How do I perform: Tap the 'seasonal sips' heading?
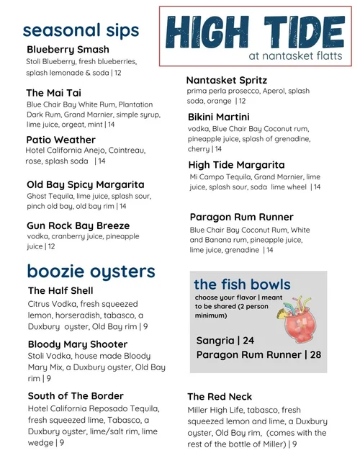(x=81, y=30)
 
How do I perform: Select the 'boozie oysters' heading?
(x=91, y=272)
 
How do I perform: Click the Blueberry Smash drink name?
(x=68, y=50)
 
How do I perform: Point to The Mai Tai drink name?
(x=53, y=93)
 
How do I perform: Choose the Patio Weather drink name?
(x=60, y=140)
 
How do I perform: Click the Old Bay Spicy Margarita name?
(x=85, y=184)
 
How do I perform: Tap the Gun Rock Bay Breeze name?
(x=78, y=225)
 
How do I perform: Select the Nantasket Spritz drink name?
(x=226, y=81)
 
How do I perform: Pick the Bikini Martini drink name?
(x=219, y=117)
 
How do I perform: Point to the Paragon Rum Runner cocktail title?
(x=241, y=217)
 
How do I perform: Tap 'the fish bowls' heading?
(x=242, y=284)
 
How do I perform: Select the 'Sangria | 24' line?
(x=225, y=340)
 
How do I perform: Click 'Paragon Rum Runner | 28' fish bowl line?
(x=258, y=354)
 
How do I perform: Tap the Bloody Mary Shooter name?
(x=78, y=344)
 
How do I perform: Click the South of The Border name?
(x=76, y=395)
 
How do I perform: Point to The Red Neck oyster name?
(x=220, y=397)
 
